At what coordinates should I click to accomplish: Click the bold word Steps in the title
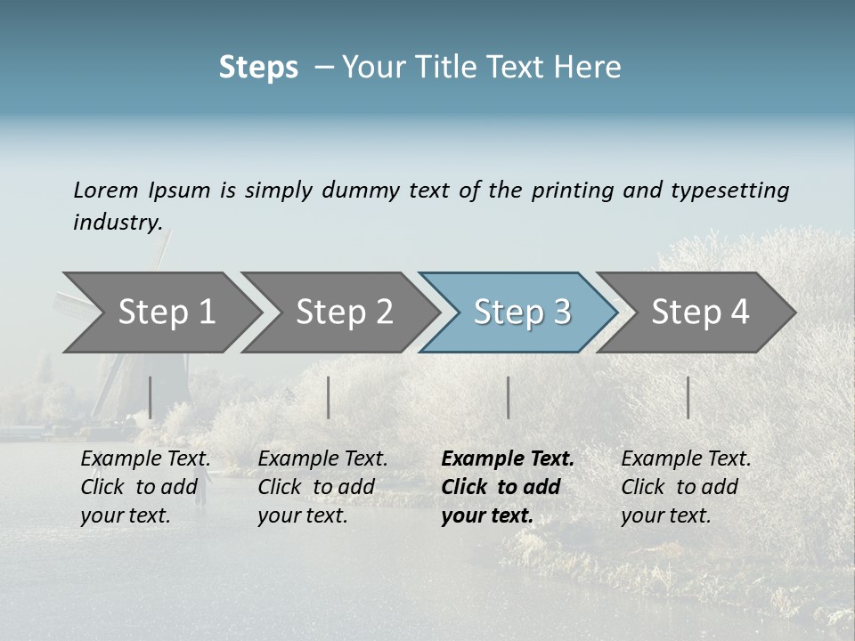pyautogui.click(x=258, y=68)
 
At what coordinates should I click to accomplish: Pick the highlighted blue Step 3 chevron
pyautogui.click(x=522, y=312)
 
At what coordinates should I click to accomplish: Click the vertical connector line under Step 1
pyautogui.click(x=151, y=397)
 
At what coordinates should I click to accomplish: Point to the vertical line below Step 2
pyautogui.click(x=329, y=397)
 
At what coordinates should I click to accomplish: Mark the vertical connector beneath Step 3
pyautogui.click(x=509, y=397)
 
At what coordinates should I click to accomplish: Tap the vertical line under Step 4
pyautogui.click(x=688, y=397)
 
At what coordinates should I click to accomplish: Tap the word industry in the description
pyautogui.click(x=118, y=222)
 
